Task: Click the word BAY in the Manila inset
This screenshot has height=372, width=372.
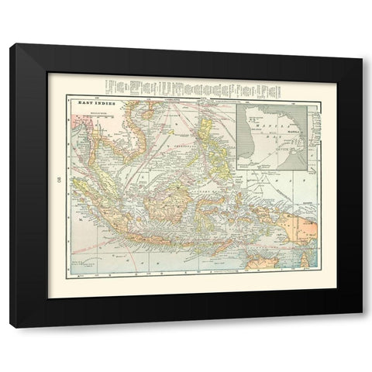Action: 273,133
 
